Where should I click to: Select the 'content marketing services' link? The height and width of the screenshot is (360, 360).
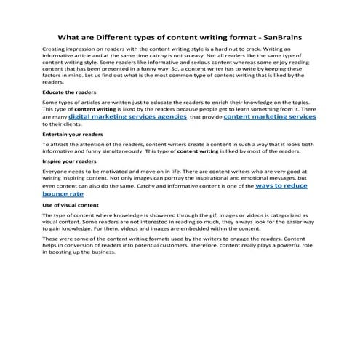pos(265,116)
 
